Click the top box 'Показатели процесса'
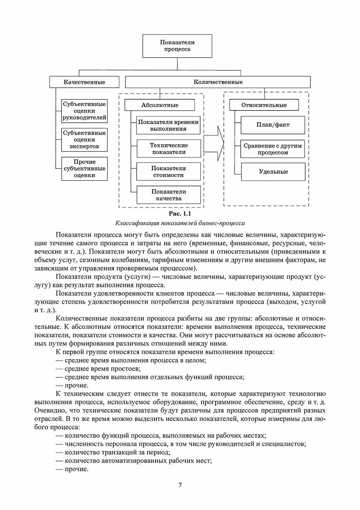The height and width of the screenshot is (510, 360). coord(177,46)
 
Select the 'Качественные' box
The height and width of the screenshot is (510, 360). coord(84,82)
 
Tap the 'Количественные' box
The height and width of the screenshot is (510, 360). coord(218,82)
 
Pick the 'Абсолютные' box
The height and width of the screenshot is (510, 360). coord(160,105)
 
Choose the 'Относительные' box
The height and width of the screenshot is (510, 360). coord(264,105)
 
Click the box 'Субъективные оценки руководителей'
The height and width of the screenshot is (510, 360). coord(84,111)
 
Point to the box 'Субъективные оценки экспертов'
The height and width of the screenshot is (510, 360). coord(84,140)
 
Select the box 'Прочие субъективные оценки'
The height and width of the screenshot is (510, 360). coord(84,169)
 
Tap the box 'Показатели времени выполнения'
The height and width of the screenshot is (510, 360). coord(169,125)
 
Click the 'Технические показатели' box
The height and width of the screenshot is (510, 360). coord(169,149)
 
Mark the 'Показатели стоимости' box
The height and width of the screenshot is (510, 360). coord(169,172)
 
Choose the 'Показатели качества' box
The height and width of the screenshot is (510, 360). coord(169,195)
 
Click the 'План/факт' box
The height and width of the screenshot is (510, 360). coord(273,125)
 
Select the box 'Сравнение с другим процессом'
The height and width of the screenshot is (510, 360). coord(273,149)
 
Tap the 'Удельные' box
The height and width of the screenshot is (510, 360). coord(273,172)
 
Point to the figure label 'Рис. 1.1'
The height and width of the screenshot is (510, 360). coord(180,214)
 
